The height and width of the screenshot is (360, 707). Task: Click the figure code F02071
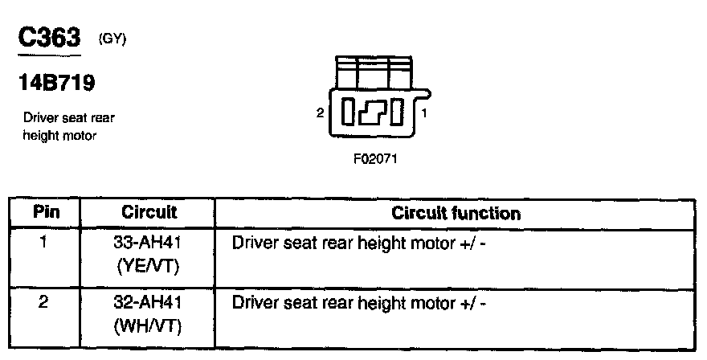click(375, 159)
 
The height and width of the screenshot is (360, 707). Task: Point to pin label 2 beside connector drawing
click(320, 113)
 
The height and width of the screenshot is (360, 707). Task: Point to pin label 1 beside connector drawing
click(424, 113)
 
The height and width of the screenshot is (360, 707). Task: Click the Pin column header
click(46, 214)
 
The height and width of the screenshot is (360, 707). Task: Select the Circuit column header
click(149, 214)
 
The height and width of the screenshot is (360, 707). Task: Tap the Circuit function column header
click(456, 214)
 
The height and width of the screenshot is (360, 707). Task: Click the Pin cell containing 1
click(46, 240)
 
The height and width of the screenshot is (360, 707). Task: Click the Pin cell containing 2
click(46, 304)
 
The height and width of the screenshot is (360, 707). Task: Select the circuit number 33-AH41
click(149, 240)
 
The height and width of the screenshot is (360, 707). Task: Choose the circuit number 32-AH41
click(149, 304)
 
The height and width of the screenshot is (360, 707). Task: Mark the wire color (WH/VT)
click(149, 326)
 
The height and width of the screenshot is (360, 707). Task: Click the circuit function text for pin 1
click(359, 240)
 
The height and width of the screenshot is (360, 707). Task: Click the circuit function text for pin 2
click(359, 304)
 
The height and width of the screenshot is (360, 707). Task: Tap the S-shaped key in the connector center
click(372, 113)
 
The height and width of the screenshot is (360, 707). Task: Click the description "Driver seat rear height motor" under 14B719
click(68, 127)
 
